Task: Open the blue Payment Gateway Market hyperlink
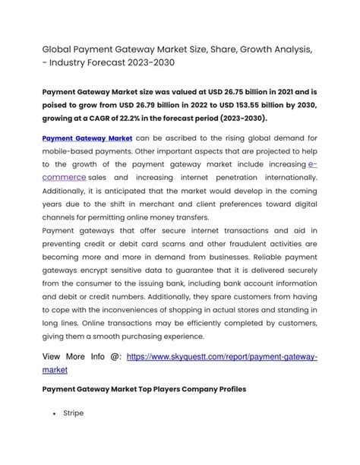tap(87, 138)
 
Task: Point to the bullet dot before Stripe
tap(55, 415)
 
